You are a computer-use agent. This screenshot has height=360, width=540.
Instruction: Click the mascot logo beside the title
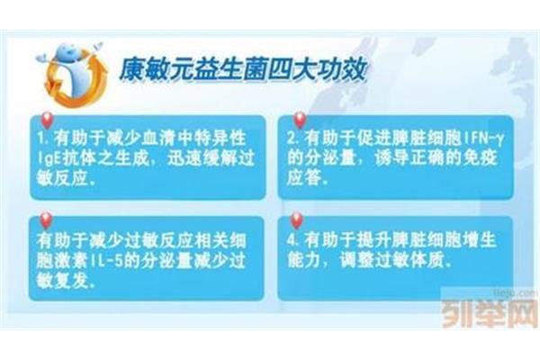72,74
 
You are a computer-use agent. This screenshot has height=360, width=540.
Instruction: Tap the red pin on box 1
46,121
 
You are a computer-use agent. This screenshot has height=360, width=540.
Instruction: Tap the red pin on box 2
300,121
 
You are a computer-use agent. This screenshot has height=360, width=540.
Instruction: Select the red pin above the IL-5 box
46,220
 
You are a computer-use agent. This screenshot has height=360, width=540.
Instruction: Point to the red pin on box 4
296,220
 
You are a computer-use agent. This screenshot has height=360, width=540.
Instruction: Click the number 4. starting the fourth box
292,240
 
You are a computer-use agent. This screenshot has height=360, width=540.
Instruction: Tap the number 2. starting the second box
293,139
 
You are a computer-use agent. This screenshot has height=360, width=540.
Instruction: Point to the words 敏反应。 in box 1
66,179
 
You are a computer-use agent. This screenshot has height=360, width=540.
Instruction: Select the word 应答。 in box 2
307,179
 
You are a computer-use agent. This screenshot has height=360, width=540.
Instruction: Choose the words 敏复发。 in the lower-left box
66,281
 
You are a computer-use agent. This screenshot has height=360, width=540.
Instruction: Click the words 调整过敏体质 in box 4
391,260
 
